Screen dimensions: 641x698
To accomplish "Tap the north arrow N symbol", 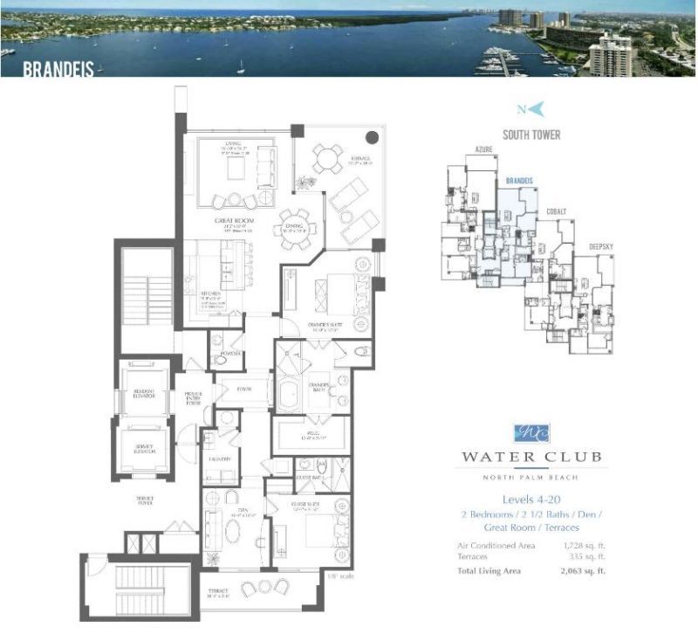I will point(530,109).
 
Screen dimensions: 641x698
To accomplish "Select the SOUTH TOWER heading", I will point(530,135).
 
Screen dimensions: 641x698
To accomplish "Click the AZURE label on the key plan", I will point(485,149).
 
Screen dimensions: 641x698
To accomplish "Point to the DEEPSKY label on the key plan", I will point(601,246).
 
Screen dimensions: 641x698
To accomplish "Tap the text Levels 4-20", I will point(531,501).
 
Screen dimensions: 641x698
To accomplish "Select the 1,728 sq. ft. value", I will point(586,546).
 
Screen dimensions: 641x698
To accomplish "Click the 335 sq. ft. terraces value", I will point(590,557).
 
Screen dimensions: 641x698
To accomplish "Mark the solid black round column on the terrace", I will point(372,137).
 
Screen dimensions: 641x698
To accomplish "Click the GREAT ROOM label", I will point(235,221).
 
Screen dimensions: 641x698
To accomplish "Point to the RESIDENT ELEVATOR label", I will point(144,392).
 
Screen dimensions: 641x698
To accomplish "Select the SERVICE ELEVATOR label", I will point(145,451).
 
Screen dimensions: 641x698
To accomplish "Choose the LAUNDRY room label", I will point(219,458).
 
